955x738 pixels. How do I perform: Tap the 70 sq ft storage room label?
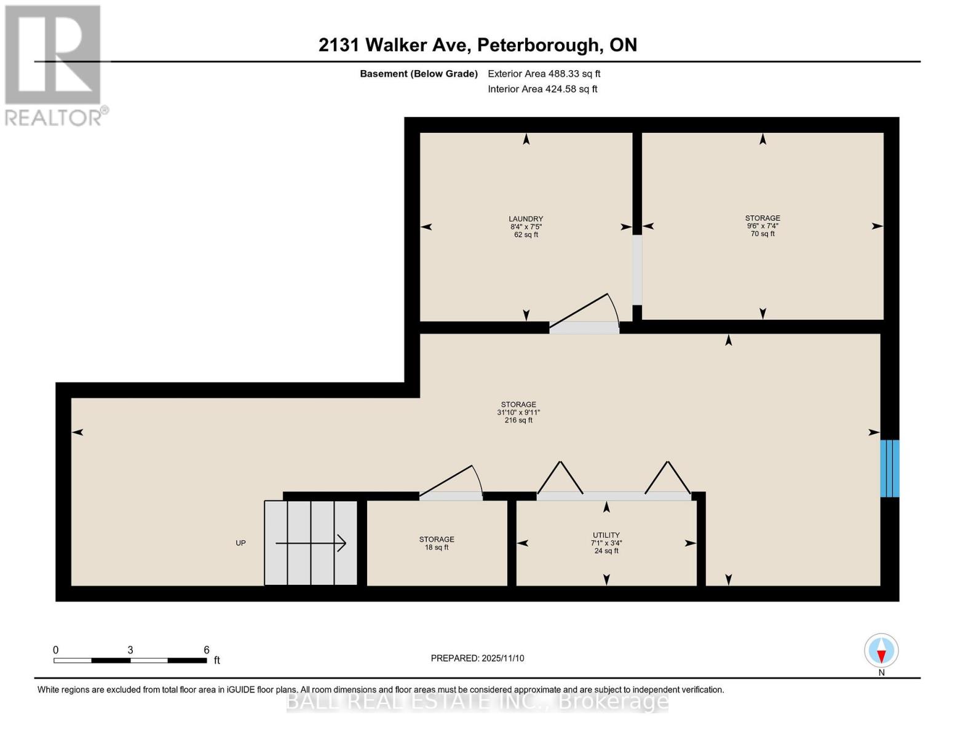pos(763,226)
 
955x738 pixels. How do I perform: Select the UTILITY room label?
pos(606,543)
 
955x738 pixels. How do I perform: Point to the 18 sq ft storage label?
pos(437,543)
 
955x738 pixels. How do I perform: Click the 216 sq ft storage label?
pos(518,412)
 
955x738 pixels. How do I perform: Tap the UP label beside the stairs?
pos(241,543)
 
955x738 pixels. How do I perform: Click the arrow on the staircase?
pos(311,543)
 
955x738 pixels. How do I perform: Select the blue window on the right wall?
pos(889,468)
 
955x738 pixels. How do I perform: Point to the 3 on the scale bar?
pos(130,650)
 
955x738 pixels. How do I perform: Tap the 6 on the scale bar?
pos(207,650)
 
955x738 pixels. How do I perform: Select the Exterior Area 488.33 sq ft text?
pos(544,74)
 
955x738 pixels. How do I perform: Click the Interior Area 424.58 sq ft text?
pos(542,89)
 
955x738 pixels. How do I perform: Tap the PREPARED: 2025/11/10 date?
pos(477,658)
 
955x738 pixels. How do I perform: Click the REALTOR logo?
pos(54,65)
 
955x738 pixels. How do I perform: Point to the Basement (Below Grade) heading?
pos(418,74)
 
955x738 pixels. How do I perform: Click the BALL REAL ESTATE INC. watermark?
pos(477,701)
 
